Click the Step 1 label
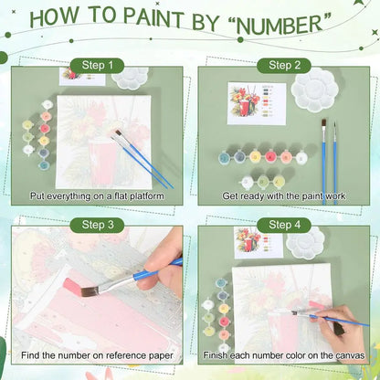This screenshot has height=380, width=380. [98, 66]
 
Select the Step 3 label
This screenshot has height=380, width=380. [98, 224]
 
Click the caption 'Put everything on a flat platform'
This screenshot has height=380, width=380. [98, 195]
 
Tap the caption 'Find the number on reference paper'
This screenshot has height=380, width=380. [98, 354]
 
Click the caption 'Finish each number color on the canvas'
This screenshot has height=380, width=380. [282, 354]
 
